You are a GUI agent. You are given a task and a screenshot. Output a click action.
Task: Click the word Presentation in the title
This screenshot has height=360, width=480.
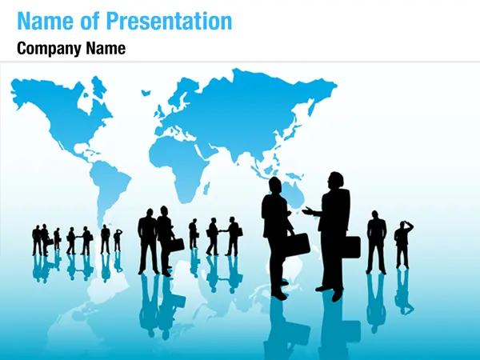coord(169,21)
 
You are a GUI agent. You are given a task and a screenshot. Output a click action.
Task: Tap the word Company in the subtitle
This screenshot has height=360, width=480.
coord(50,49)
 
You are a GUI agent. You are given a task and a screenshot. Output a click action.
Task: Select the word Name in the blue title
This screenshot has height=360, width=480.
coord(46,21)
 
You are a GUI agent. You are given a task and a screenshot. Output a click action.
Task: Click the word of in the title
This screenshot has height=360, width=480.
coord(90,21)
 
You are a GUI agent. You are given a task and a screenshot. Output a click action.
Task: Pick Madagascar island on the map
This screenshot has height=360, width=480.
coord(206,188)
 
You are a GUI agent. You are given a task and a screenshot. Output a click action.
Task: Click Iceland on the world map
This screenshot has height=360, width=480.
coord(146,93)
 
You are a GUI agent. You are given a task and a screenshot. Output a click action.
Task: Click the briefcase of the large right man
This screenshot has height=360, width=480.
coord(351,246)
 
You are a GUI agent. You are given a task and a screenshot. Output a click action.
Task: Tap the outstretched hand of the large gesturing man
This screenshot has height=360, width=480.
coord(308,210)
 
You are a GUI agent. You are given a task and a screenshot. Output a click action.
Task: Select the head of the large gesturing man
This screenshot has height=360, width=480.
coord(336,181)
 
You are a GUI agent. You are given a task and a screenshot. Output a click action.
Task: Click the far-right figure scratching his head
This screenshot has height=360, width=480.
coord(403,244)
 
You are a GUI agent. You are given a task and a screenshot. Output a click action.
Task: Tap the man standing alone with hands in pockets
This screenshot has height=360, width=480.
coord(376,242)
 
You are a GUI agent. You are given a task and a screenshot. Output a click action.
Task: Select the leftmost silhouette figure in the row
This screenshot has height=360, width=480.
coord(37,240)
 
